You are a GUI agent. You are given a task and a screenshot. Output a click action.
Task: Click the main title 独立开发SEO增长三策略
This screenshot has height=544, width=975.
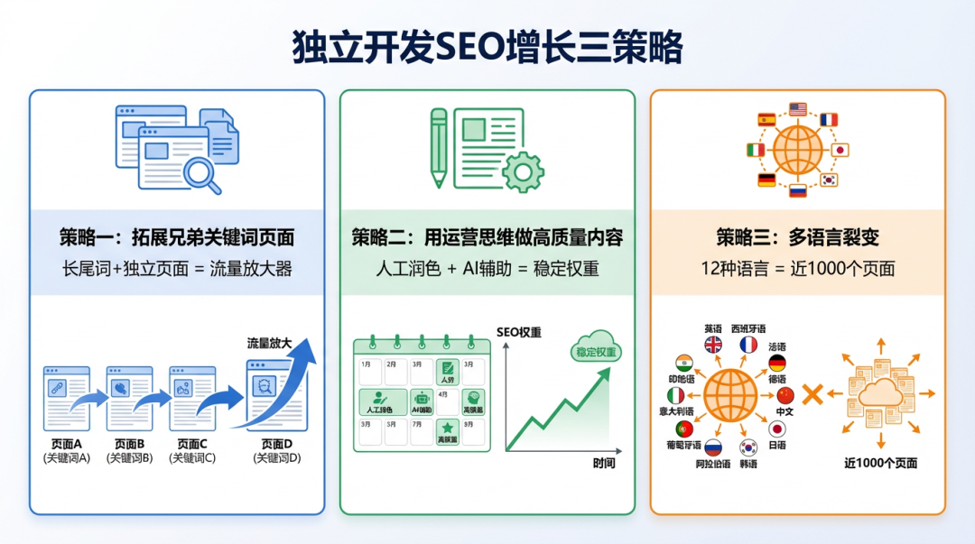point(487,47)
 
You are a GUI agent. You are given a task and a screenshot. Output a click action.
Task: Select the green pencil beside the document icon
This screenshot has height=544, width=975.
point(439,147)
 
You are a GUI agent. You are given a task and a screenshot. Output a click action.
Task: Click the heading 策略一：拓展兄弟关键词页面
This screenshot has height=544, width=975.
point(177,238)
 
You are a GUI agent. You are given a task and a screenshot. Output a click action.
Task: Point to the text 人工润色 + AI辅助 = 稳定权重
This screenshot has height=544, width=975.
point(487,269)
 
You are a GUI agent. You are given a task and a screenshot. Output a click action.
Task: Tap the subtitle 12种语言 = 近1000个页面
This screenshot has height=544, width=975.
point(797,269)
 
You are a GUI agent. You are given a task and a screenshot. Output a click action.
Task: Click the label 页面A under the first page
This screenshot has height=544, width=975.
point(67,444)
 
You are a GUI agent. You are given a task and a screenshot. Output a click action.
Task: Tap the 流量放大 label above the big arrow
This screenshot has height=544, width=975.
point(270,343)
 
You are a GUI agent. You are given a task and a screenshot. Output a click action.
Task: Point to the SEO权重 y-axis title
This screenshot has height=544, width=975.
point(519,332)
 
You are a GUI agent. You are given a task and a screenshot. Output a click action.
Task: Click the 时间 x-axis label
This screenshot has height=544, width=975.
point(604,464)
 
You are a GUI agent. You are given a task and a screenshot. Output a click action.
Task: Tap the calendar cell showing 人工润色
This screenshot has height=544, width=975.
point(381,401)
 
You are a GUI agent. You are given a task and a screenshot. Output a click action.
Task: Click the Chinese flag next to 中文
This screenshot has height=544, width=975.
point(785,395)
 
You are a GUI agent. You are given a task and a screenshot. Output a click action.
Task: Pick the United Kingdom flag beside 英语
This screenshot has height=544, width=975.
point(713,345)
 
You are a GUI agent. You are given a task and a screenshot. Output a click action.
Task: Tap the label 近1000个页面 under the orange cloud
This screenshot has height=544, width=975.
point(880,463)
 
